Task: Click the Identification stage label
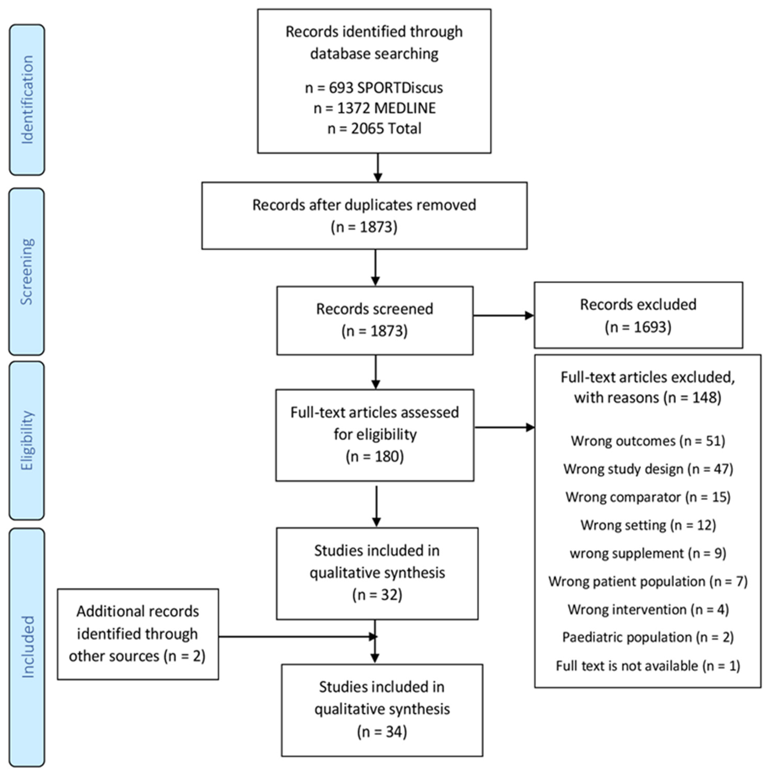[x=27, y=100]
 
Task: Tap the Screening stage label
[x=27, y=271]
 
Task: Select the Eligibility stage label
[x=27, y=440]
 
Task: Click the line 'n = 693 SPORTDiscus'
[x=374, y=88]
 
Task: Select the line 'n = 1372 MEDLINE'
[x=374, y=108]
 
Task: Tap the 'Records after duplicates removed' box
[x=364, y=215]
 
